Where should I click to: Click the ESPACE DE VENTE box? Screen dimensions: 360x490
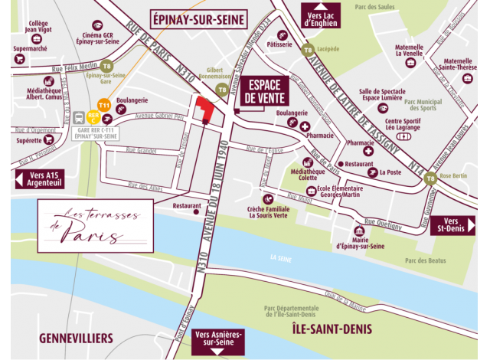(x=263, y=91)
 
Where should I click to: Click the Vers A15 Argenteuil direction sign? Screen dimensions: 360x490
(x=39, y=179)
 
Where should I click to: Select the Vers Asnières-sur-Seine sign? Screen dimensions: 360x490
(x=220, y=340)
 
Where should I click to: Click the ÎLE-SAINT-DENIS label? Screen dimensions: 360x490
(x=332, y=329)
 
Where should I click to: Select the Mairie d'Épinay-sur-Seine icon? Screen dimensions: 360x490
(x=359, y=232)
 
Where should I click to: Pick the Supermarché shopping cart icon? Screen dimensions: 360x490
(x=19, y=58)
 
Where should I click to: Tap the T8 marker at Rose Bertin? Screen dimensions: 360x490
(x=431, y=178)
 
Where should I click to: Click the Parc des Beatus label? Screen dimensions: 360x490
(x=426, y=261)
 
